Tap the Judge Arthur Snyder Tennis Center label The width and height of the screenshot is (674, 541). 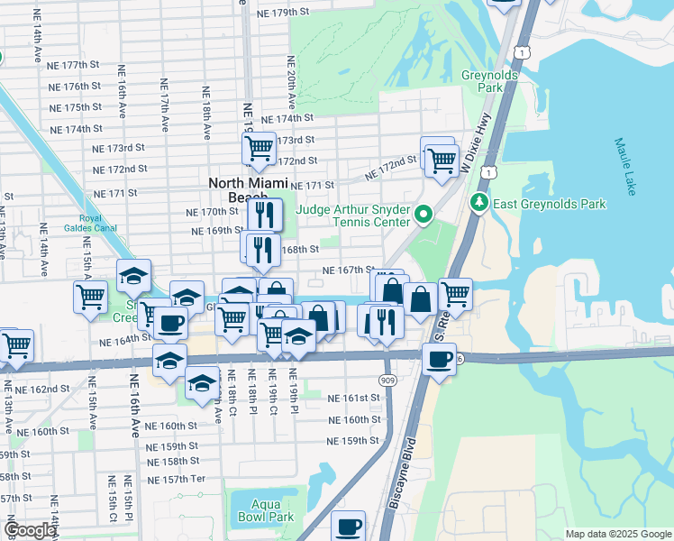coord(370,215)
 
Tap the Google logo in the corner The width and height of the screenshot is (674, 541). coord(29,530)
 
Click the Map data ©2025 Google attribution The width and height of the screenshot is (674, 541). coord(618,534)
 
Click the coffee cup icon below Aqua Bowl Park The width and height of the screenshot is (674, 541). coord(348,527)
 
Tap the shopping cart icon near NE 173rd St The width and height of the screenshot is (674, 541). coord(260,147)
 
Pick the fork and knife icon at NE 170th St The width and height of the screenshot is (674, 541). coord(265,214)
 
